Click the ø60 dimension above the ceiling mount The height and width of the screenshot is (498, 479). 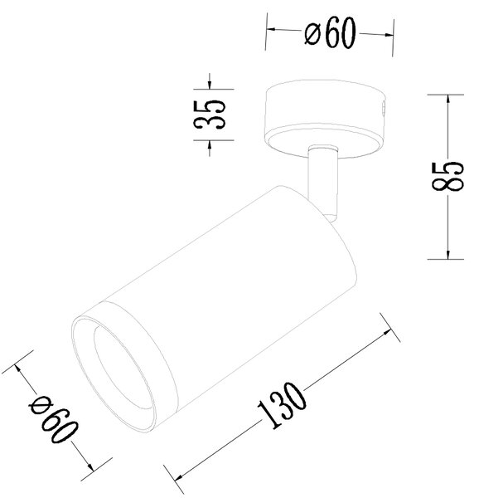331,32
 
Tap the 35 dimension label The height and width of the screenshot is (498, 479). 210,115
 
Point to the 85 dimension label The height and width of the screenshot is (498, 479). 448,176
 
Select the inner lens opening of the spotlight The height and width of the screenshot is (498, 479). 124,369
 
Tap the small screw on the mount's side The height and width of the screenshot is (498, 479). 384,108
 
